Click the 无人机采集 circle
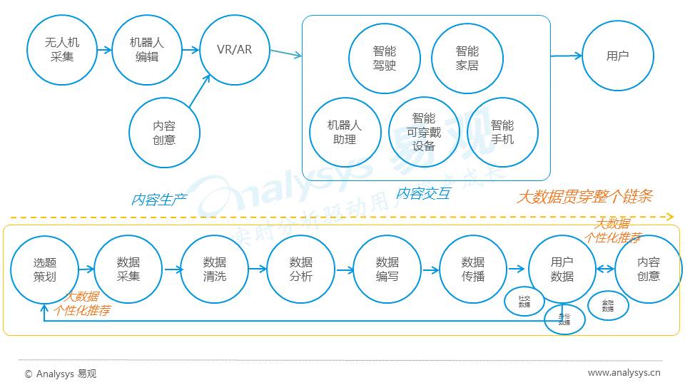tap(62, 51)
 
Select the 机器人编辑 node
tap(147, 51)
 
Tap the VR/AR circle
tap(235, 50)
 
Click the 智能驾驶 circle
tap(384, 58)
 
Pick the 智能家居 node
tap(467, 58)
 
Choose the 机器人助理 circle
tap(344, 132)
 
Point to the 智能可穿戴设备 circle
tap(424, 132)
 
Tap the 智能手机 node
tap(502, 132)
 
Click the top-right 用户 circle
tap(617, 56)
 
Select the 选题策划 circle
tap(45, 269)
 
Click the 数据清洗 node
tap(215, 269)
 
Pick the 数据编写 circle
tap(387, 269)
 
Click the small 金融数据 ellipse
tap(607, 305)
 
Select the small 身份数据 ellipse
tap(564, 319)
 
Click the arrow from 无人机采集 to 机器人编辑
tap(104, 51)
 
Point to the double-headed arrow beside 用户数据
tap(606, 269)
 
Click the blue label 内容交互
tap(423, 193)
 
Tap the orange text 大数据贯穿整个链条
tap(584, 196)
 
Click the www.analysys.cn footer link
tap(624, 372)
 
